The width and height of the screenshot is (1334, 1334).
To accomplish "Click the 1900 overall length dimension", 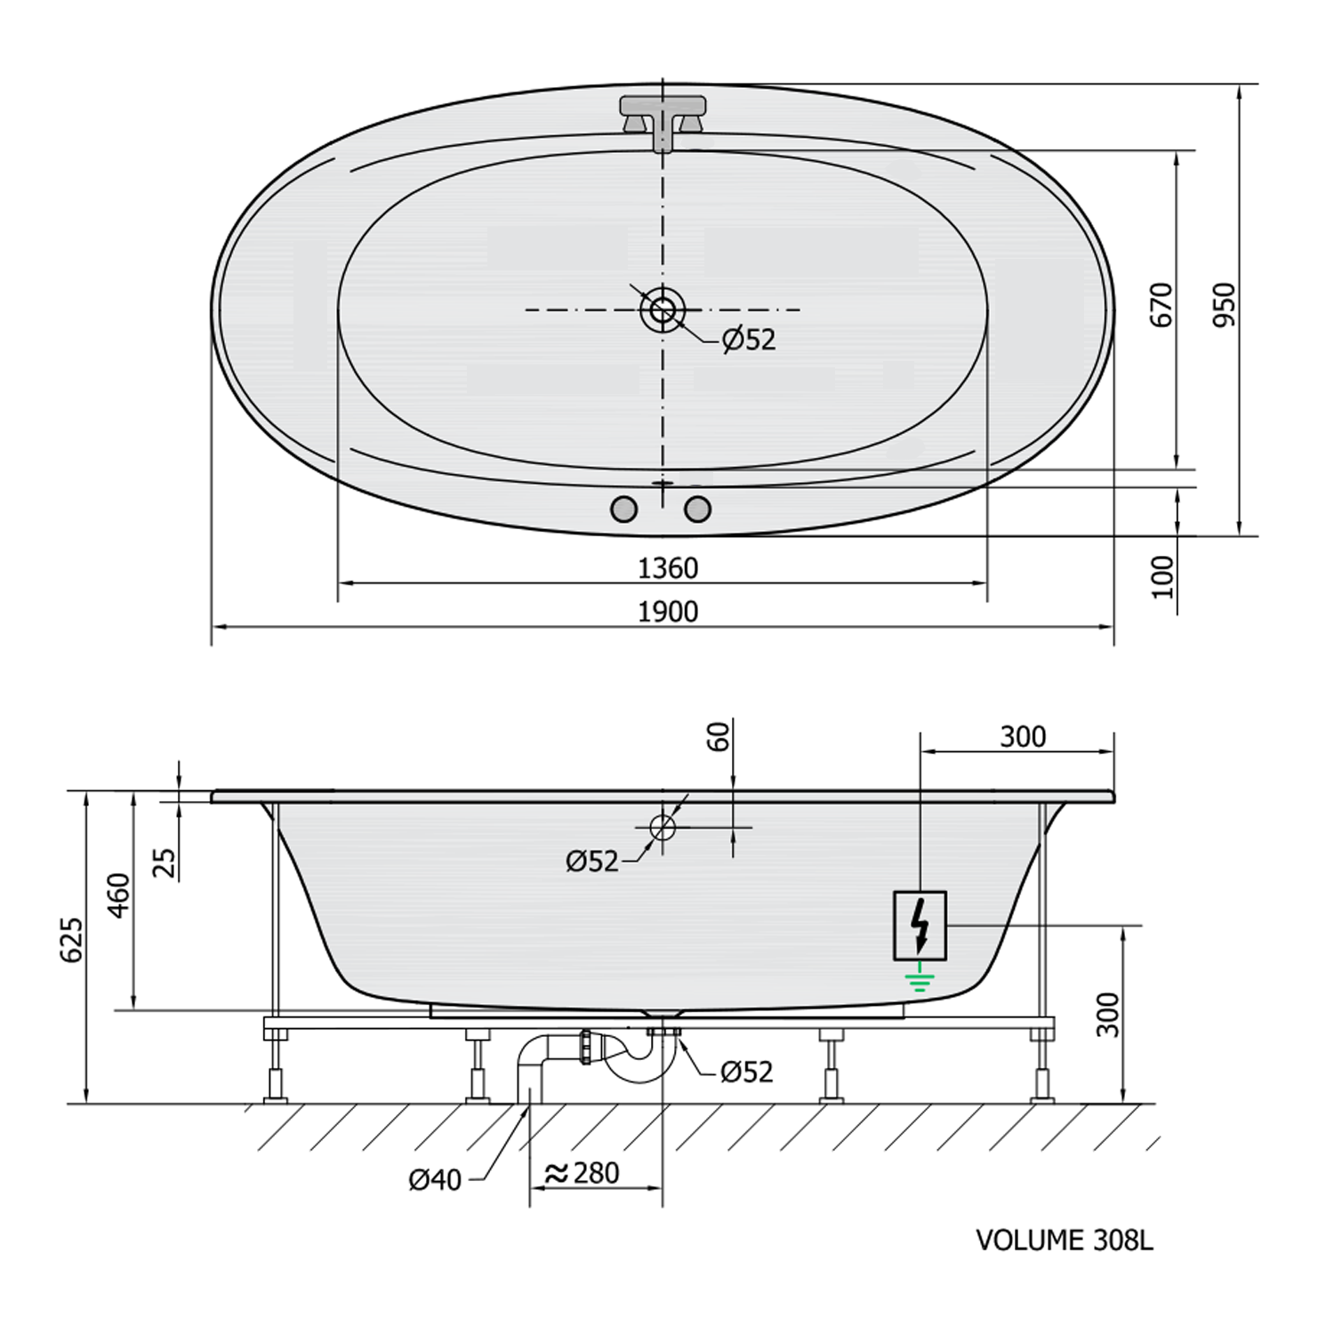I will [668, 612].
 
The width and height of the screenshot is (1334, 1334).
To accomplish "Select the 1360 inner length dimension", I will [668, 568].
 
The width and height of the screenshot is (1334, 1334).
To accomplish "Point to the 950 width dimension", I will [1226, 304].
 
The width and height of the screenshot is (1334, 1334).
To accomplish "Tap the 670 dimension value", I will [1162, 305].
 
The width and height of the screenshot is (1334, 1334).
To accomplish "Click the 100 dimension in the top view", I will [1163, 576].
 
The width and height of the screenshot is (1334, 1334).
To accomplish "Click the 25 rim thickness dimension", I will [164, 863].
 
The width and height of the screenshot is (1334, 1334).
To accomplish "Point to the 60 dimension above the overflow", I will [719, 736].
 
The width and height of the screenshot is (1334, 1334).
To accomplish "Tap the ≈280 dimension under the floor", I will [583, 1174].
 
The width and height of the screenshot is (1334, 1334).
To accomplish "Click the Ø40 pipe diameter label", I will [435, 1180].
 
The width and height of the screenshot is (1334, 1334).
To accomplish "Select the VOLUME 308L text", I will [1064, 1240].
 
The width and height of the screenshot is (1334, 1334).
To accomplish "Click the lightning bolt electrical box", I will [920, 926].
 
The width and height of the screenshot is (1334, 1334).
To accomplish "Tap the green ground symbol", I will [920, 982].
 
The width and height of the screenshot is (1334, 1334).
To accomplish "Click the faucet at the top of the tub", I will [663, 120].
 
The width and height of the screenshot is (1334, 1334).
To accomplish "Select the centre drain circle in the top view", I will [663, 310].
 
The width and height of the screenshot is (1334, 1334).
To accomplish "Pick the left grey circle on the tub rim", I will [624, 509].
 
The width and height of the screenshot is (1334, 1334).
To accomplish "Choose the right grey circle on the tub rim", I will [698, 509].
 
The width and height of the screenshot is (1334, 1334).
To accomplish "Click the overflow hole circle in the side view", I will [663, 827].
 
